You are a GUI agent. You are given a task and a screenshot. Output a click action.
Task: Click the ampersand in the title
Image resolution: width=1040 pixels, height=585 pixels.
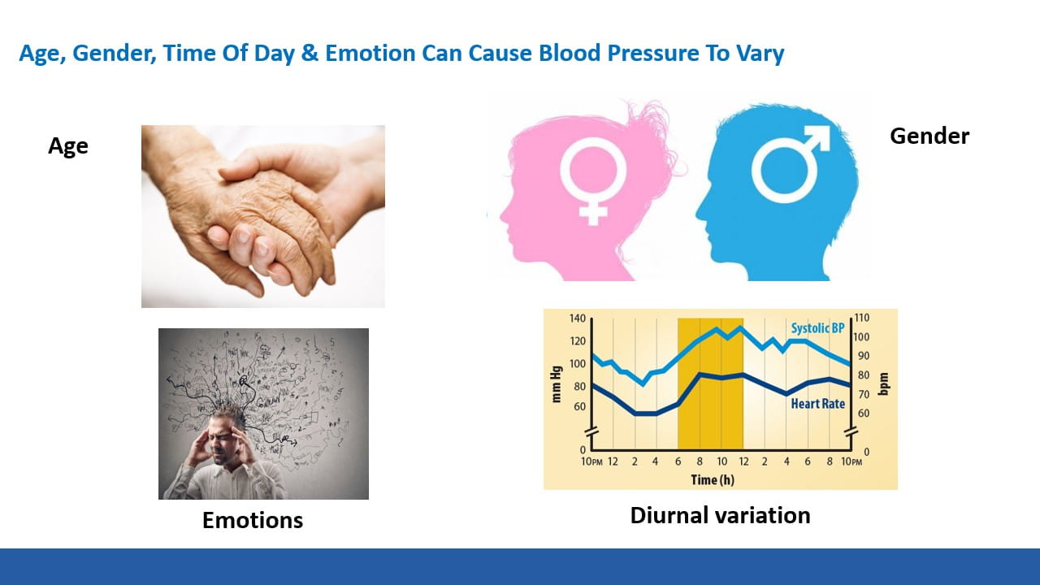click(x=310, y=53)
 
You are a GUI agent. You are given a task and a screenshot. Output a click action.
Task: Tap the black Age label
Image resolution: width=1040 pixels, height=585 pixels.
click(x=67, y=146)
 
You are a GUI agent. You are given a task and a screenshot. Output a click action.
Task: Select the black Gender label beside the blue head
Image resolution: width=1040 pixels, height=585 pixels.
click(x=929, y=136)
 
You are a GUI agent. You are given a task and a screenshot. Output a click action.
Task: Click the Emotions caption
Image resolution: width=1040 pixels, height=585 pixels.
click(x=253, y=520)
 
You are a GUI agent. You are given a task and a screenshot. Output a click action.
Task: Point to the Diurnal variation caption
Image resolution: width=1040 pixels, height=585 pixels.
click(x=720, y=515)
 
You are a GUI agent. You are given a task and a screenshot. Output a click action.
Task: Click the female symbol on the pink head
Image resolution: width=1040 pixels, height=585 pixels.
click(x=593, y=178)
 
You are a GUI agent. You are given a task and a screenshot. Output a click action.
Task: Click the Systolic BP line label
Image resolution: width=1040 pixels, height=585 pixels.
click(x=817, y=328)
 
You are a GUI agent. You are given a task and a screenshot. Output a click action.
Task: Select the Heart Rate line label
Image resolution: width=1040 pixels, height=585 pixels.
click(x=817, y=404)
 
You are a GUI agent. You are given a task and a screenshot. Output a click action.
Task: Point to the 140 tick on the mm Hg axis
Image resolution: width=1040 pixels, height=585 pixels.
click(x=578, y=318)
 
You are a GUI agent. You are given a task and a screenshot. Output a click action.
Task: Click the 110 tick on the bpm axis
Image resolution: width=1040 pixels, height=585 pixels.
click(x=862, y=318)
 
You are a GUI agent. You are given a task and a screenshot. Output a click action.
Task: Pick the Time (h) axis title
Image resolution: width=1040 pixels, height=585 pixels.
click(x=713, y=479)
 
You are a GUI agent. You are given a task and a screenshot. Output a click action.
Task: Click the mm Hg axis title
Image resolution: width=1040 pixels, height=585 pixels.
click(x=557, y=384)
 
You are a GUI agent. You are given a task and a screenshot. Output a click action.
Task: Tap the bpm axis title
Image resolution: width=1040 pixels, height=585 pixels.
click(x=883, y=384)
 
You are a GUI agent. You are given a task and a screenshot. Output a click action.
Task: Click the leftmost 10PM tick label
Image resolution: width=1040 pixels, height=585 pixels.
click(x=591, y=462)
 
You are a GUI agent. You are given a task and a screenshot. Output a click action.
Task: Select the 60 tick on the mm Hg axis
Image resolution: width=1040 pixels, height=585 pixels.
click(x=580, y=407)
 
